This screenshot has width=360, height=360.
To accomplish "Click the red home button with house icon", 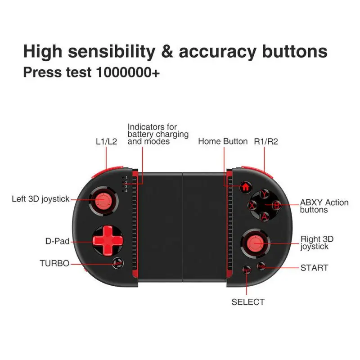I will [246, 187].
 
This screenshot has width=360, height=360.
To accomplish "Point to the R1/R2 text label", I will [266, 141].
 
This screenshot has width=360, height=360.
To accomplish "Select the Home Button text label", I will [223, 141].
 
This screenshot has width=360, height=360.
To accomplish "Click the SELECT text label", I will [248, 302].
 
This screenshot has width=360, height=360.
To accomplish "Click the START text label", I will [314, 268].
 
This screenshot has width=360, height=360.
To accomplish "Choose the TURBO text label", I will [54, 263].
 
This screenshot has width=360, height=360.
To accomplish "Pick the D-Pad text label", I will [57, 241].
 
